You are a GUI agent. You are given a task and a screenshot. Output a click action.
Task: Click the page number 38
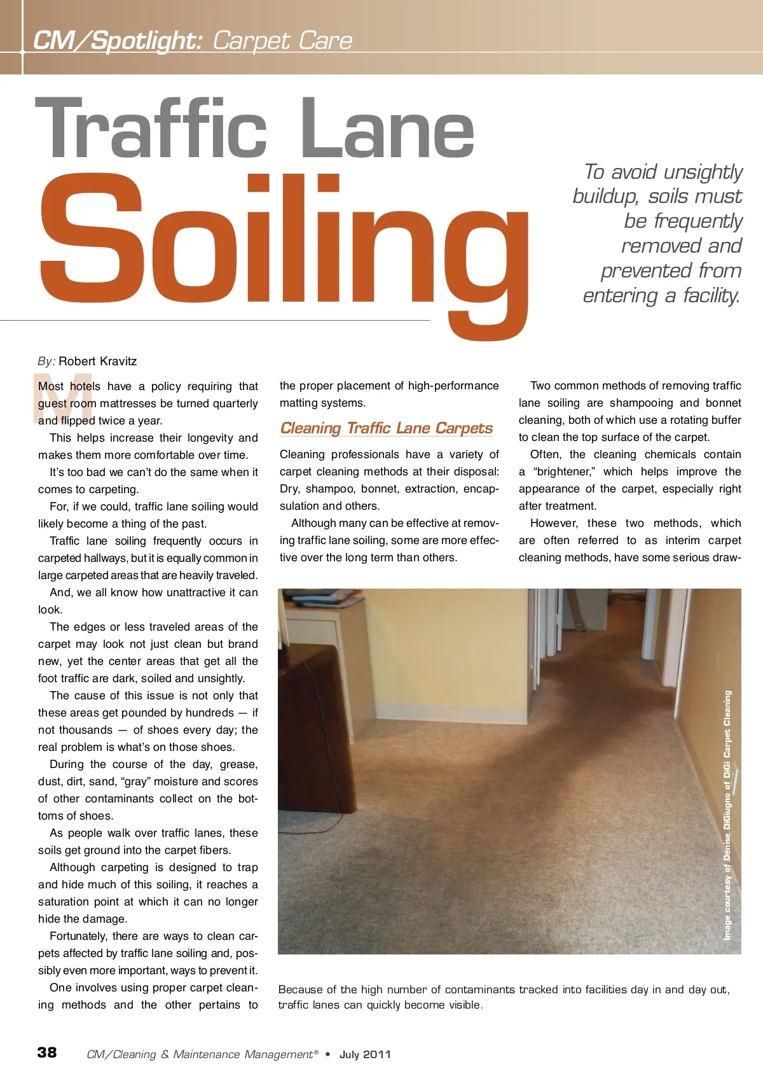pos(47,1052)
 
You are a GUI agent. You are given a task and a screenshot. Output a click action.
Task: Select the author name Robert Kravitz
pos(98,361)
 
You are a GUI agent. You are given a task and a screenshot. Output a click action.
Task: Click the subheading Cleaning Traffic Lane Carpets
pos(387,428)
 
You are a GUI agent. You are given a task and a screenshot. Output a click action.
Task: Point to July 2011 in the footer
pos(365,1054)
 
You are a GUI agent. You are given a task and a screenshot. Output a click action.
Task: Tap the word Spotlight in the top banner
pos(146,41)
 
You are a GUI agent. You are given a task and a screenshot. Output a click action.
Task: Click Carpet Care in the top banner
pos(282,41)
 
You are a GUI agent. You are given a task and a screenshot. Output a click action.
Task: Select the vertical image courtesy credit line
pos(727,815)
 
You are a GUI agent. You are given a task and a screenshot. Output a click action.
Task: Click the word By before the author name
pos(46,361)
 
